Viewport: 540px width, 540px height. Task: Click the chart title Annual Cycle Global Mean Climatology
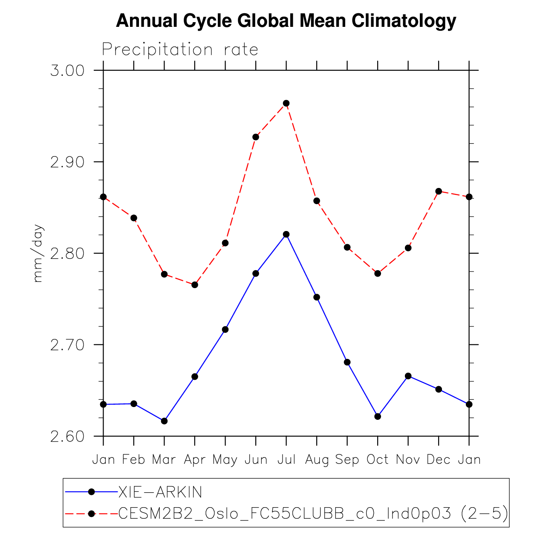[286, 21]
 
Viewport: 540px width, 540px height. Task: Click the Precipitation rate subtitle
[180, 50]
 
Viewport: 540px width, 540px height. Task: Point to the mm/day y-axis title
[38, 253]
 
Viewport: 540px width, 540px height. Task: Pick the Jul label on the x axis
[286, 459]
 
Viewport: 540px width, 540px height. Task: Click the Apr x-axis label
[195, 460]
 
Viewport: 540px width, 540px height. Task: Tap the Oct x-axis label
[378, 459]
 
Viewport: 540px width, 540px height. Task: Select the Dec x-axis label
[439, 459]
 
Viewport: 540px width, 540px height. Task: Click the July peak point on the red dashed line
[286, 103]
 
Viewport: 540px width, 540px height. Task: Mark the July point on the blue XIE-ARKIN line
[286, 234]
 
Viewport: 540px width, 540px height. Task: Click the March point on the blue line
[164, 421]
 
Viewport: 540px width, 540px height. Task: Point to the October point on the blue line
[378, 416]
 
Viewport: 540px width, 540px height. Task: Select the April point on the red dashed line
[195, 285]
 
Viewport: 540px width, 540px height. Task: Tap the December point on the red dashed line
[439, 191]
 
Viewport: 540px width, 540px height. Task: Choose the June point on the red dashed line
[256, 137]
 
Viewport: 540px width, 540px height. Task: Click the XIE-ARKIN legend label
[160, 492]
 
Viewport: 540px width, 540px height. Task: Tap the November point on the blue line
[408, 376]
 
